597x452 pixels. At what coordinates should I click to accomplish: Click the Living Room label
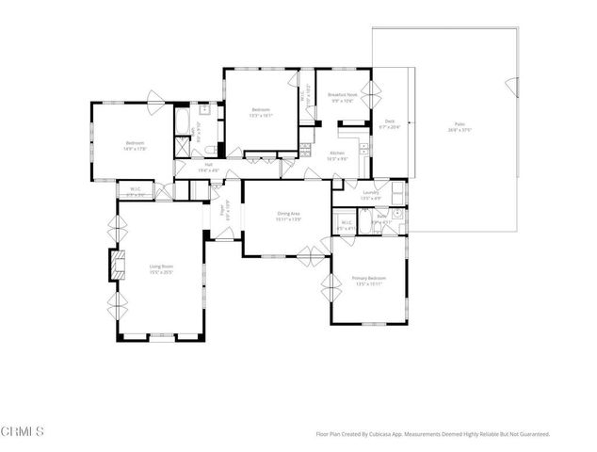(x=161, y=266)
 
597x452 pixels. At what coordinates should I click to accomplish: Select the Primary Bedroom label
(x=368, y=278)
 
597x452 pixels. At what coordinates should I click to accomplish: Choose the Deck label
(x=389, y=121)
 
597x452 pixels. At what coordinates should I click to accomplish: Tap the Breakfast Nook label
(x=341, y=95)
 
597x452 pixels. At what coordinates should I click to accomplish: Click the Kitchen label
(x=337, y=153)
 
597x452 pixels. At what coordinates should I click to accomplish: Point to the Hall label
(x=207, y=165)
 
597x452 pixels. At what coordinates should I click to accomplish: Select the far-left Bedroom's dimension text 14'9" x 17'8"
(x=136, y=149)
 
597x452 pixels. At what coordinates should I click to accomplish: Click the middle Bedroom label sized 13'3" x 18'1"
(x=261, y=111)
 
